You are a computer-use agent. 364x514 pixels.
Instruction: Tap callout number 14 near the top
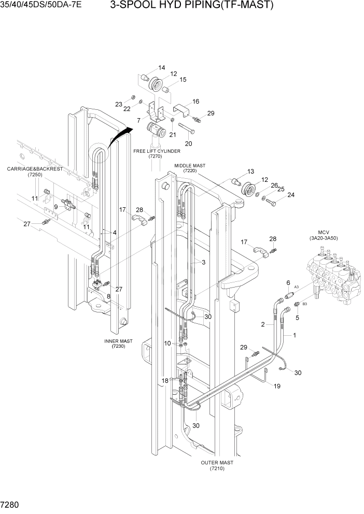(162, 68)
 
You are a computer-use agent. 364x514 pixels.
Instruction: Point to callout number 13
(251, 172)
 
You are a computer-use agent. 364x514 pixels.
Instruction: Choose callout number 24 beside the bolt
(291, 195)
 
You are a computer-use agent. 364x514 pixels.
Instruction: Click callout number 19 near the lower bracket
(277, 386)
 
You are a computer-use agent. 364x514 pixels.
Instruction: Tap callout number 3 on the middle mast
(204, 263)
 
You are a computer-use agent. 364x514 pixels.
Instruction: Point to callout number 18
(164, 380)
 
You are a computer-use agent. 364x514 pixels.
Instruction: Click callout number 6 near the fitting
(288, 282)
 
